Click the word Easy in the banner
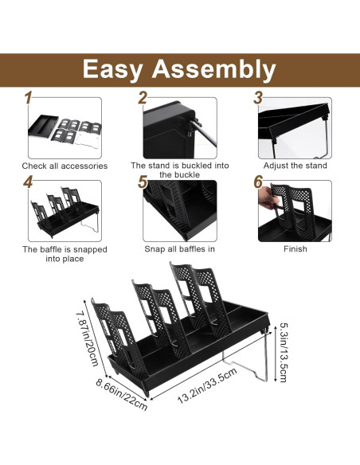[112, 70]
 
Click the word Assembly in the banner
[213, 69]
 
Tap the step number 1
[28, 98]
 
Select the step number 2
[143, 98]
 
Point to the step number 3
[258, 98]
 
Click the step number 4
[28, 182]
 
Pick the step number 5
[143, 182]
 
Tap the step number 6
[258, 182]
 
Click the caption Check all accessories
[65, 166]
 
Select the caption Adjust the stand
[295, 166]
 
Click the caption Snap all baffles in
[179, 248]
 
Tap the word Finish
[295, 248]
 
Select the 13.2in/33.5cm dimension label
[207, 385]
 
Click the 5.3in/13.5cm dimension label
[284, 352]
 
